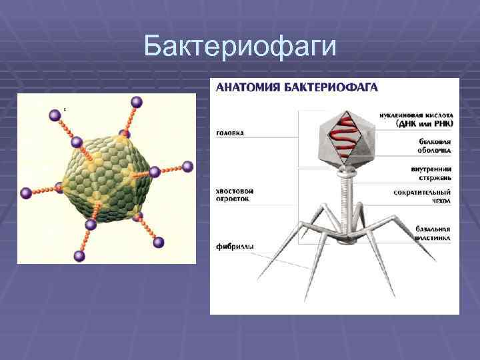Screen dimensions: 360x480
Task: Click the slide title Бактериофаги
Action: coord(241,47)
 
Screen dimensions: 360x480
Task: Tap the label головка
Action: coord(230,133)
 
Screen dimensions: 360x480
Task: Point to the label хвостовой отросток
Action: coord(235,194)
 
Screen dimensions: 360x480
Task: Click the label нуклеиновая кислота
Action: coord(416,115)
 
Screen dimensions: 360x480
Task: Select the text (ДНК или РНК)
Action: coord(425,123)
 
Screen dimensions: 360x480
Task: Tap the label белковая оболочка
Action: coord(435,146)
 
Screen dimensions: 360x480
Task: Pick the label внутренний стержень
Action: coord(432,173)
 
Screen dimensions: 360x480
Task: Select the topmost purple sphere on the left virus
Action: coord(137,102)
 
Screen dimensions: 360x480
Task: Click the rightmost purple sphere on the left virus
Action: coord(187,167)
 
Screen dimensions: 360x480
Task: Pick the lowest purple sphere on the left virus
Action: coord(79,256)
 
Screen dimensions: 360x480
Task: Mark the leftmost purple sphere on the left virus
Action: coord(26,193)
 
